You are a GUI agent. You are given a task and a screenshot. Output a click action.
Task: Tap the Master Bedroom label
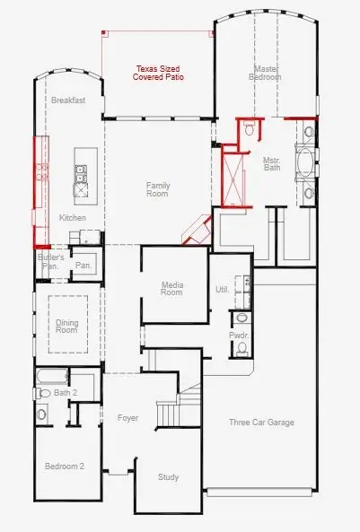pyautogui.click(x=265, y=73)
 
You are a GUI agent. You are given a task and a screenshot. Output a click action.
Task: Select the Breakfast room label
pyautogui.click(x=68, y=100)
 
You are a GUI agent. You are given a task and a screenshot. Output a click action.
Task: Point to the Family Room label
pyautogui.click(x=158, y=189)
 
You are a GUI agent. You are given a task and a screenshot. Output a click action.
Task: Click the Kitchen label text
pyautogui.click(x=72, y=218)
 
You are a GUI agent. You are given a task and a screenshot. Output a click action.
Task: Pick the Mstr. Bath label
pyautogui.click(x=272, y=164)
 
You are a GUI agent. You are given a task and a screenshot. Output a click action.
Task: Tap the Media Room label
pyautogui.click(x=171, y=288)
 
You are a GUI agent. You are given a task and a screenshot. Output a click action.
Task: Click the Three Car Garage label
pyautogui.click(x=261, y=423)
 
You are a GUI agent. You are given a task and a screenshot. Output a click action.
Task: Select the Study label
pyautogui.click(x=169, y=477)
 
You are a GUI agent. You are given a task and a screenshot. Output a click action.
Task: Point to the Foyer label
pyautogui.click(x=127, y=418)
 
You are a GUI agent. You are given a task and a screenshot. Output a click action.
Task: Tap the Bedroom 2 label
pyautogui.click(x=65, y=467)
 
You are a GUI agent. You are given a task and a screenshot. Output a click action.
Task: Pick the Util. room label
pyautogui.click(x=222, y=289)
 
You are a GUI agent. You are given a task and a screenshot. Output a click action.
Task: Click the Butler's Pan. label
pyautogui.click(x=50, y=261)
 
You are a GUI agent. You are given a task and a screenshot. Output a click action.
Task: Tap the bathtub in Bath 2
pyautogui.click(x=52, y=377)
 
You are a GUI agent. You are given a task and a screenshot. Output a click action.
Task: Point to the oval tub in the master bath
pyautogui.click(x=306, y=162)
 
